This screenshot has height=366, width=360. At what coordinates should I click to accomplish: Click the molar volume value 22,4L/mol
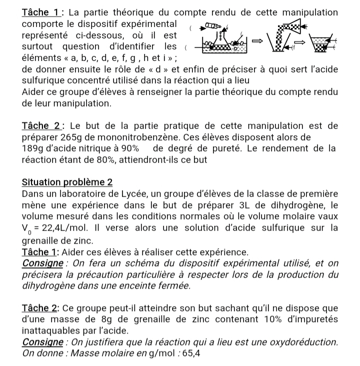[x=69, y=229]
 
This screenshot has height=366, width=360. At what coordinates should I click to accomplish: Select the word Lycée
[x=140, y=194]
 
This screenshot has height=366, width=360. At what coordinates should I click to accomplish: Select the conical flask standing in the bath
[x=220, y=38]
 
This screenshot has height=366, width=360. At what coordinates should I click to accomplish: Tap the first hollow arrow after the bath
[x=255, y=43]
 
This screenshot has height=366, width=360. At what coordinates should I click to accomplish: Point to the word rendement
[x=297, y=148]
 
